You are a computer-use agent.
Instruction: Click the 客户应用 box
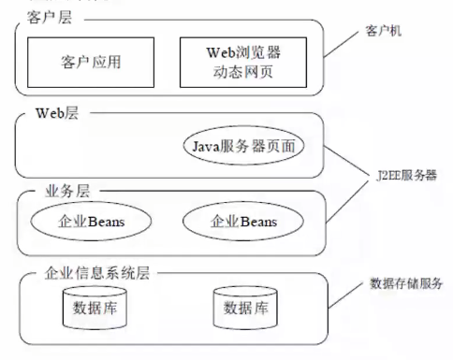click(x=92, y=63)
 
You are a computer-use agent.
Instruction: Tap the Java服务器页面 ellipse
click(x=244, y=147)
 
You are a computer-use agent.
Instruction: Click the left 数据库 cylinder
click(x=95, y=309)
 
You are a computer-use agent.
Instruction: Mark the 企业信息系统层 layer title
click(x=97, y=273)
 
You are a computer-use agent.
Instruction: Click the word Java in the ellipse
click(x=208, y=147)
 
